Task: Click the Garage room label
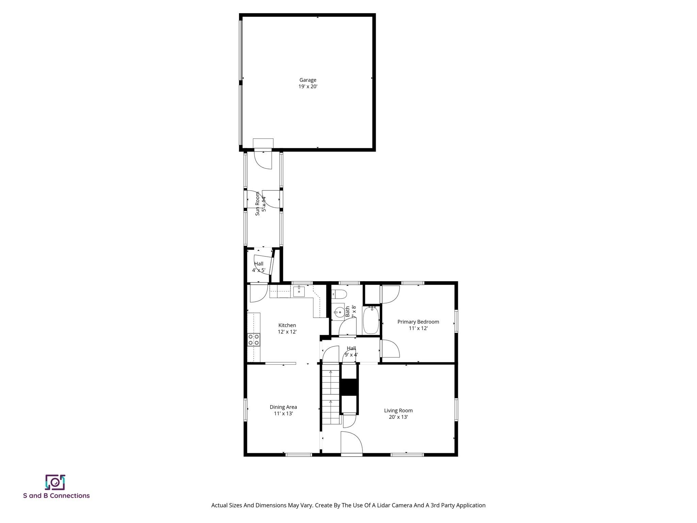click(308, 80)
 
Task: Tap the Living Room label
click(398, 411)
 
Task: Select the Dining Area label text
click(283, 407)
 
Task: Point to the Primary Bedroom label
click(418, 322)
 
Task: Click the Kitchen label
click(287, 325)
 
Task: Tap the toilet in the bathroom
click(339, 294)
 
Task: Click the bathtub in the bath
click(371, 320)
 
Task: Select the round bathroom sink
click(339, 311)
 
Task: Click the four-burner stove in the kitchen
click(254, 339)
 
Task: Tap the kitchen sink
click(299, 291)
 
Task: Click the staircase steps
click(331, 394)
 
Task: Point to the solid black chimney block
click(349, 387)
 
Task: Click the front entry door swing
click(352, 442)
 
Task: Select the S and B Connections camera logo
click(55, 482)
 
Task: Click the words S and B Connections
click(56, 496)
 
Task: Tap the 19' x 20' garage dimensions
click(308, 86)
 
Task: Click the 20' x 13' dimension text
click(398, 417)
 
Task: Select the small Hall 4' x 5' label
click(259, 267)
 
